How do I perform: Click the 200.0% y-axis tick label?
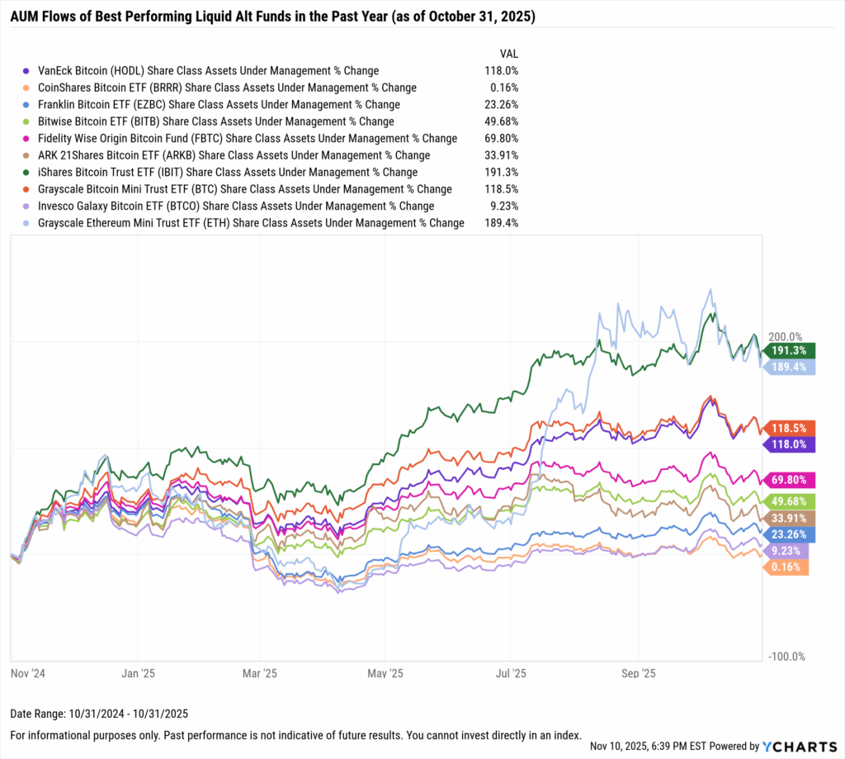[785, 337]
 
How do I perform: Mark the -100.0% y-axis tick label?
[786, 657]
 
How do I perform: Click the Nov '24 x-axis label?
[28, 674]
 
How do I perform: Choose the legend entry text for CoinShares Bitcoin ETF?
[227, 88]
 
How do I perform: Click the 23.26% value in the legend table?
[502, 105]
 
